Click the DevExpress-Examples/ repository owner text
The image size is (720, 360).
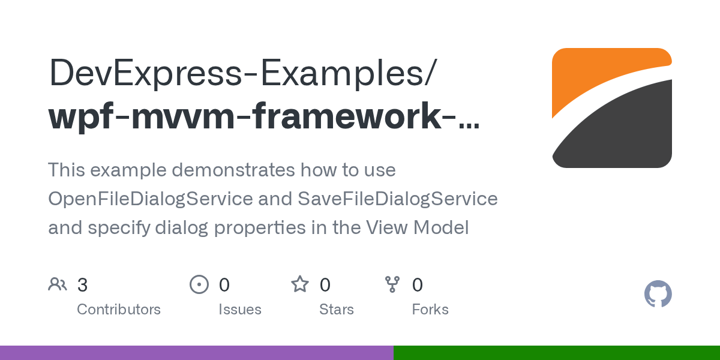pos(242,73)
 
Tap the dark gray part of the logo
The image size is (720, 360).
pos(624,132)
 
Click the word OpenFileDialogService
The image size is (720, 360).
pos(150,199)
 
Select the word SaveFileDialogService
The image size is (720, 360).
pos(397,199)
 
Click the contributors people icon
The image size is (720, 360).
pos(58,284)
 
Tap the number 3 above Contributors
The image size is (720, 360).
pos(83,285)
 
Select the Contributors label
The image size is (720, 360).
pos(119,310)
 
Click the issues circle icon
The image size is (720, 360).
pos(199,284)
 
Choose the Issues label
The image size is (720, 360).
pos(240,310)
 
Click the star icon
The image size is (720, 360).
pos(300,284)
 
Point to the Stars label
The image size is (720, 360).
pos(337,310)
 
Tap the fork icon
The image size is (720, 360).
pos(392,284)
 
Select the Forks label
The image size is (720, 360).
pos(430,310)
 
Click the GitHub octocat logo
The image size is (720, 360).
pos(658,294)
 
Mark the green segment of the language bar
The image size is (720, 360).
pos(556,353)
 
